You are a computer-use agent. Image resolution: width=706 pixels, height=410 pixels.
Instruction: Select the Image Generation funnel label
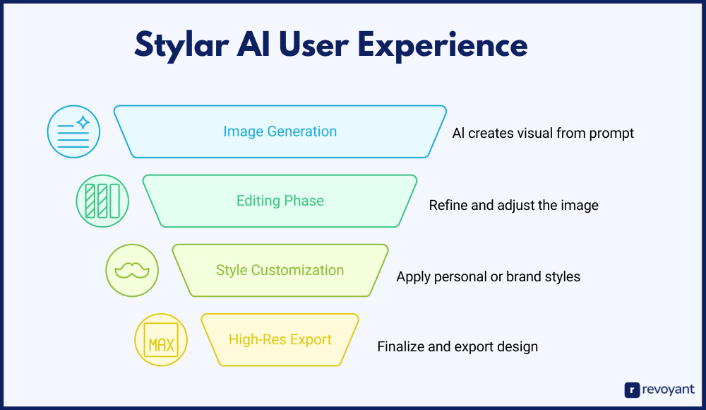(x=280, y=131)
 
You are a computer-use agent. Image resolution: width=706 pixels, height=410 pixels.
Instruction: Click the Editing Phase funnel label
(x=280, y=201)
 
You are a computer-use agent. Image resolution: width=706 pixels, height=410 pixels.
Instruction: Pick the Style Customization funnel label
(x=280, y=270)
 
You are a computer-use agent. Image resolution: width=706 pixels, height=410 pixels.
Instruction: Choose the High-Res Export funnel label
(x=280, y=339)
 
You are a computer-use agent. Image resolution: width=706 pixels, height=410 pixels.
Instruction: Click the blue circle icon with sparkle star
(x=74, y=131)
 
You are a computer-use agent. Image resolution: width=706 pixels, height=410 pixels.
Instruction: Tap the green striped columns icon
(x=102, y=201)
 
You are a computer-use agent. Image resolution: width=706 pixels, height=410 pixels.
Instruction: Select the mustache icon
(x=132, y=271)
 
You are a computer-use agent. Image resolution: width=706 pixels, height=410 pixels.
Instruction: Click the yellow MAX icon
(x=161, y=340)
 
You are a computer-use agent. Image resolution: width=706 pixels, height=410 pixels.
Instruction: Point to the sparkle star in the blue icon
(x=83, y=123)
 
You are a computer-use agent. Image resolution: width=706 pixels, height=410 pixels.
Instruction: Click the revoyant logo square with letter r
(x=632, y=390)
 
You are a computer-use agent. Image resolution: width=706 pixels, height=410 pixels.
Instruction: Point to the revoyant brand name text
(x=668, y=389)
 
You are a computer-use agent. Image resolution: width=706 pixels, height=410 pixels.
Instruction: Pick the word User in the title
(x=313, y=45)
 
